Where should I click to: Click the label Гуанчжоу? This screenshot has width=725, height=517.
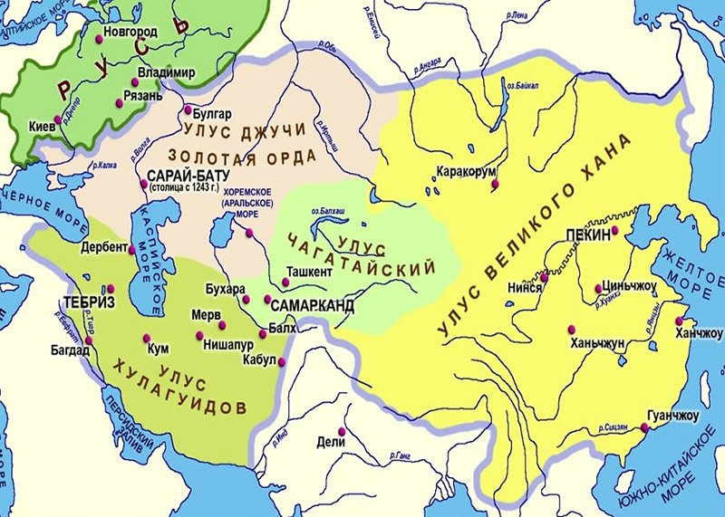pyautogui.click(x=673, y=416)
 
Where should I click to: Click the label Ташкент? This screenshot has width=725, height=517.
pyautogui.click(x=310, y=270)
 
